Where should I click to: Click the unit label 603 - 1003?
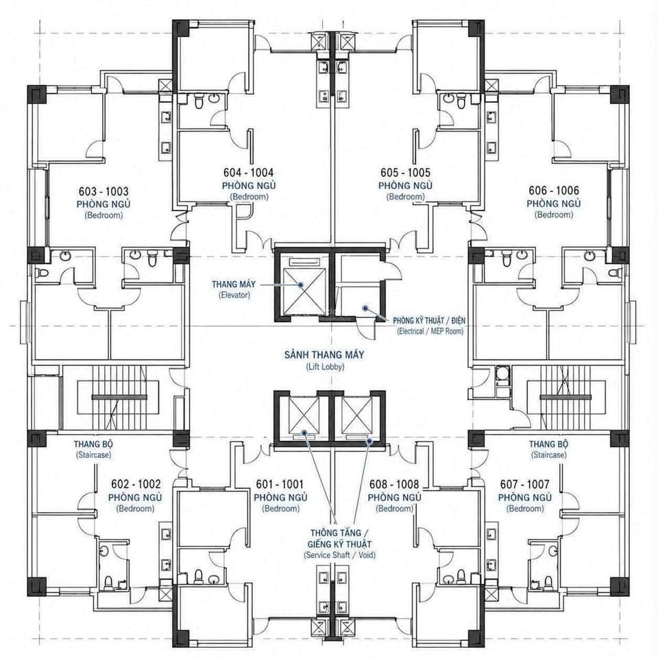click(x=103, y=192)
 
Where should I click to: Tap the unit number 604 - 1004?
click(x=248, y=173)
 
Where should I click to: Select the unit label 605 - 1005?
click(x=405, y=173)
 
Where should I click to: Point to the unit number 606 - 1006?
click(x=554, y=191)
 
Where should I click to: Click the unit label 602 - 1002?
click(x=136, y=485)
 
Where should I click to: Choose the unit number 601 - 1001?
click(x=280, y=485)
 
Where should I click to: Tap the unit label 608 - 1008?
click(x=394, y=485)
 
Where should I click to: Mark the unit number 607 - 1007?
click(x=524, y=485)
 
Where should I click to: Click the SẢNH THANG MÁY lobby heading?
click(x=324, y=355)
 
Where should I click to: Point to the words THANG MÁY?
click(x=233, y=284)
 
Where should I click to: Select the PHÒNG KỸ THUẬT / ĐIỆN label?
click(x=429, y=321)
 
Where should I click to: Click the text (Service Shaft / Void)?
click(x=339, y=555)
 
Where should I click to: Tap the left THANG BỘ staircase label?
click(x=93, y=444)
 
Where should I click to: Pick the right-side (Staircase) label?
click(x=548, y=455)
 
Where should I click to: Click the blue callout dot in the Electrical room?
click(x=365, y=308)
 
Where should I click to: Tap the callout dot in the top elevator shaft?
click(x=301, y=284)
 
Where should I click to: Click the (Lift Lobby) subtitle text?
click(x=325, y=367)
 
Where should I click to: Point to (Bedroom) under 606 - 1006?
click(x=554, y=215)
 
